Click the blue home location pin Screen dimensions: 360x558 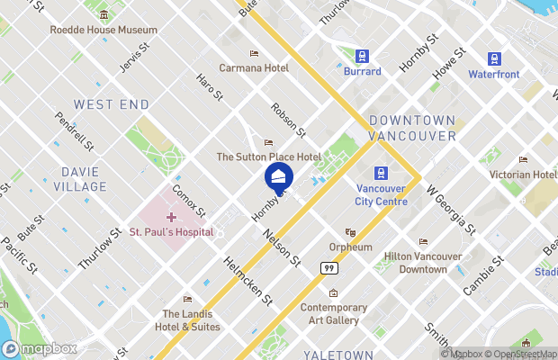click(279, 176)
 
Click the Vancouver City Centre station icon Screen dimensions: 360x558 click(382, 173)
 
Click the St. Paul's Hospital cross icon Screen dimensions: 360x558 click(171, 217)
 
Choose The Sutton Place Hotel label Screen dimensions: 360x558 click(268, 157)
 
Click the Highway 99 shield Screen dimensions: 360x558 click(328, 267)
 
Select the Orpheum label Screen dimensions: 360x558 click(350, 247)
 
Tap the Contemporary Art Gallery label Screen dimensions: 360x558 click(333, 313)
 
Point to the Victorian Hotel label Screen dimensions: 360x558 click(523, 174)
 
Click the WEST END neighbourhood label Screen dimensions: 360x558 click(112, 105)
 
